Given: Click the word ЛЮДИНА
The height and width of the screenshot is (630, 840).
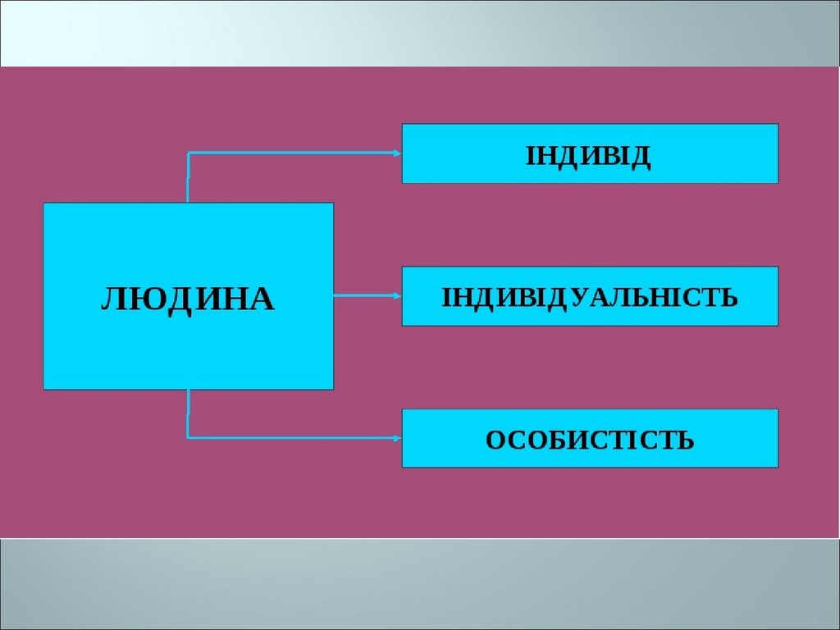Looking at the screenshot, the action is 187,299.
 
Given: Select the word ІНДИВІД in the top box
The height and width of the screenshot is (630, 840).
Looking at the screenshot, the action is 588,155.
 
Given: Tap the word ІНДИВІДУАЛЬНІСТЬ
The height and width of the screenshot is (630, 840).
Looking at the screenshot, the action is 590,297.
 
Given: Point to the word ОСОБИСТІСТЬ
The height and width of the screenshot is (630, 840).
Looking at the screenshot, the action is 590,441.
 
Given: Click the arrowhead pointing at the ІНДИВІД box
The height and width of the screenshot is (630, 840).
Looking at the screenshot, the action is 397,153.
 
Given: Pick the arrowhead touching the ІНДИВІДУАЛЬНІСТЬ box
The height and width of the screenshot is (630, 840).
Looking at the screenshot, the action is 397,295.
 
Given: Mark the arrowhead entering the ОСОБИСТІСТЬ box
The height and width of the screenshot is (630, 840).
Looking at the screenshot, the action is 397,437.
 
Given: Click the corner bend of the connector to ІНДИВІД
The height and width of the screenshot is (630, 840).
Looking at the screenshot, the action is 189,153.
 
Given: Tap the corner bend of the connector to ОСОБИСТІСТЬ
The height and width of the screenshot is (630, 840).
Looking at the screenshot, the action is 189,437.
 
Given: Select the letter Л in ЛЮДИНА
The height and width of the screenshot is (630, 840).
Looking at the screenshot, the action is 112,299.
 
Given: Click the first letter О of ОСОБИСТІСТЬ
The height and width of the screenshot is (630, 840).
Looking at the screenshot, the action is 495,441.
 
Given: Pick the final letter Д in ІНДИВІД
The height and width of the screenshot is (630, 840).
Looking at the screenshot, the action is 641,156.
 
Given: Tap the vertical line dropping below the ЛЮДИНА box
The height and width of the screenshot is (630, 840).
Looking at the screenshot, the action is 188,413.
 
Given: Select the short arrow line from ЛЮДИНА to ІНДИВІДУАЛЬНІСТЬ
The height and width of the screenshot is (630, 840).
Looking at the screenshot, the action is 365,295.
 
